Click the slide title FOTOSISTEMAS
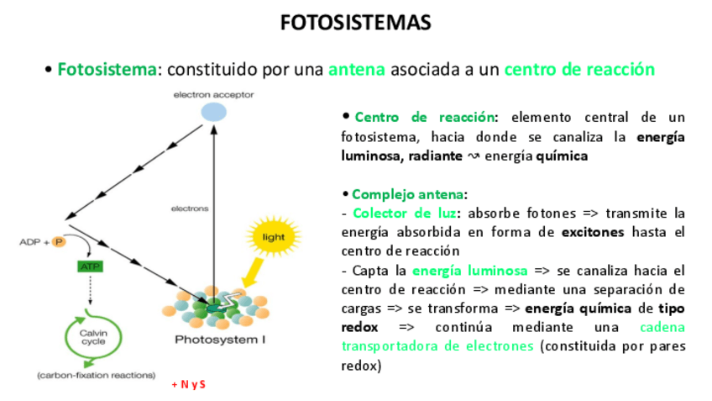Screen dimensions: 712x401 tap(355, 23)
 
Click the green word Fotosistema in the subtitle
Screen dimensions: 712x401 tap(107, 69)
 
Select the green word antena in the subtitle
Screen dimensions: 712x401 tap(356, 69)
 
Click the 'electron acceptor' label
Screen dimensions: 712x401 tap(213, 95)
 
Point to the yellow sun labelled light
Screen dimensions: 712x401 tap(274, 237)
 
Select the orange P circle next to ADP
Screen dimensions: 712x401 tap(59, 242)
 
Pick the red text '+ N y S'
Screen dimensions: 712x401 tap(188, 384)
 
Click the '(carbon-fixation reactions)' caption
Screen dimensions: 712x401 tap(96, 375)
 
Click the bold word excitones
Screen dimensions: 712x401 tap(596, 231)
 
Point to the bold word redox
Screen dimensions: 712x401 tap(359, 326)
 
